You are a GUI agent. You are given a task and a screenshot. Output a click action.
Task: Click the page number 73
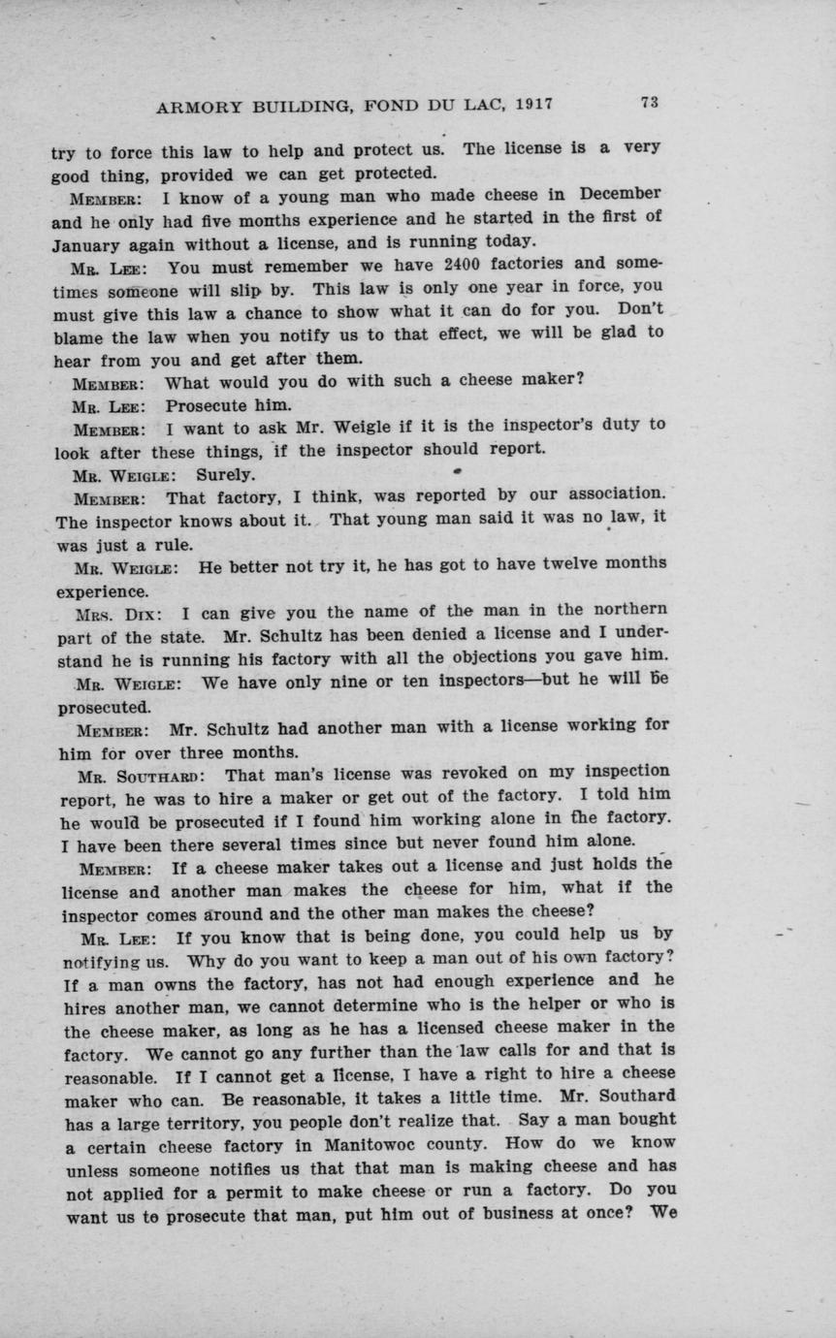click(x=649, y=103)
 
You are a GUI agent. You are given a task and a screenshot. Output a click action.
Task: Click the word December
click(x=613, y=194)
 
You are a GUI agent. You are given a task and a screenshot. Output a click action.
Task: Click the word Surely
click(x=225, y=474)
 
